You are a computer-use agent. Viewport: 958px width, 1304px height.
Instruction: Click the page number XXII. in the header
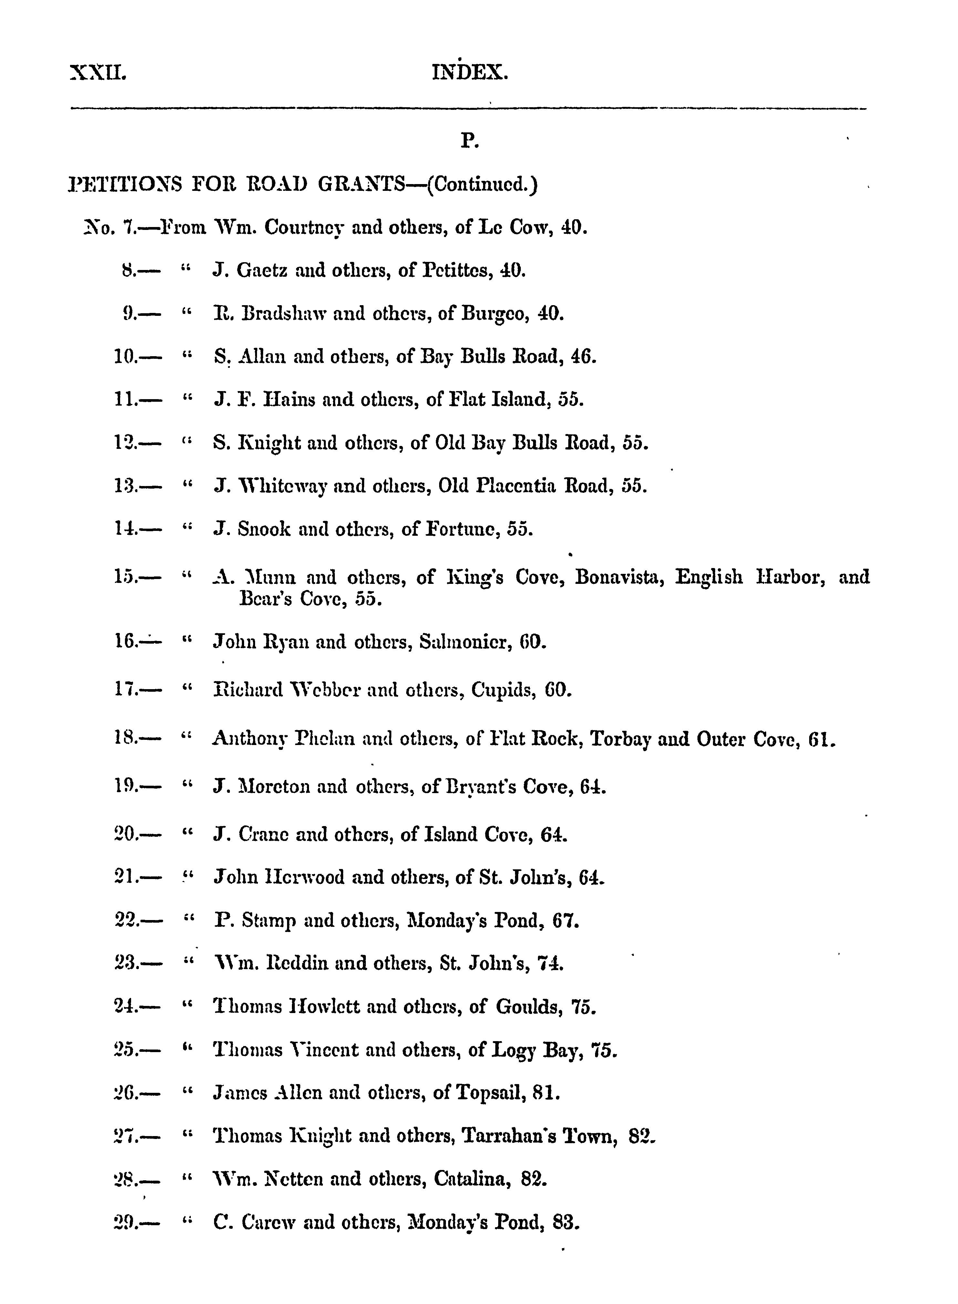[98, 73]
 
